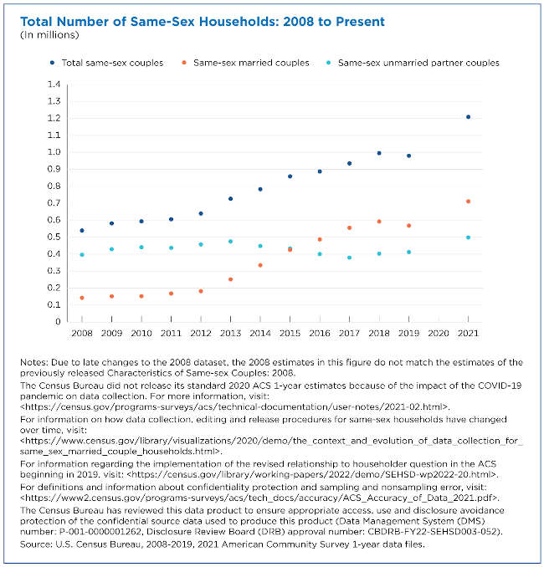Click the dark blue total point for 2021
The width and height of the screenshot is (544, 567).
tap(468, 117)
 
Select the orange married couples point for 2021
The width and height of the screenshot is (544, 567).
tap(468, 201)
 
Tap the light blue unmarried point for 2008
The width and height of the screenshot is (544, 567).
tap(82, 254)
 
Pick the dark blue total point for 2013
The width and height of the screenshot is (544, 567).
tap(230, 198)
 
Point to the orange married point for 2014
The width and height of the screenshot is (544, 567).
tap(260, 265)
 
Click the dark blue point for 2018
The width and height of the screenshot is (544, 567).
tap(379, 153)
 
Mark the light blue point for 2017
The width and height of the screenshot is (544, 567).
tap(349, 258)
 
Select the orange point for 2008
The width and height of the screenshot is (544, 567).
tap(82, 298)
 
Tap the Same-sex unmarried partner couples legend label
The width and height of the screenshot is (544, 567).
tap(418, 63)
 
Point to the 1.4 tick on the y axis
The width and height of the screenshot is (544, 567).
tap(54, 84)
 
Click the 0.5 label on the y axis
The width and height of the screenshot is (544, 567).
tap(54, 237)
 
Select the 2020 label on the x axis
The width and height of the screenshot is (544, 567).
tap(439, 333)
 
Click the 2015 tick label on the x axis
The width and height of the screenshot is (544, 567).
tap(290, 333)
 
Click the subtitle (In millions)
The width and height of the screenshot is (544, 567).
tap(49, 35)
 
